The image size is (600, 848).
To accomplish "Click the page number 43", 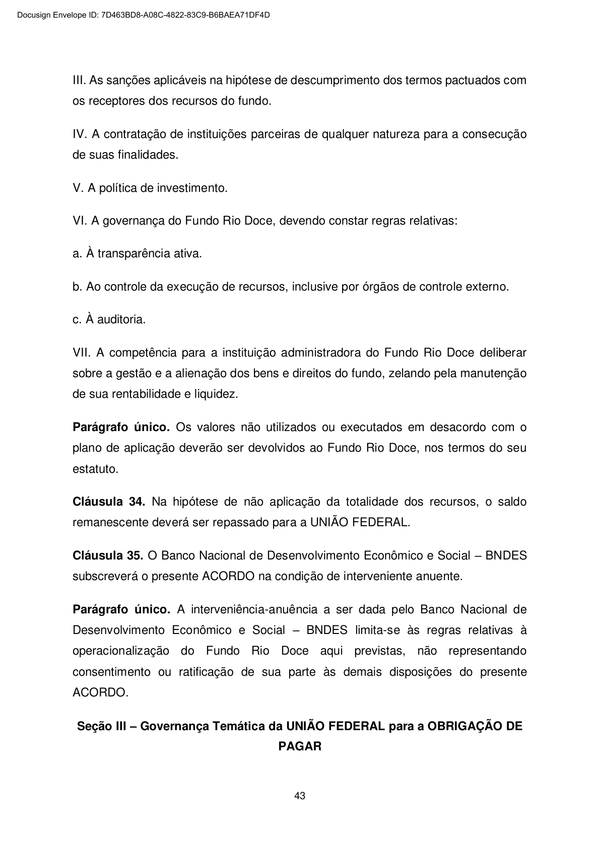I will (x=300, y=796).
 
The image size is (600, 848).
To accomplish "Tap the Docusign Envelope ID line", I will (x=143, y=15).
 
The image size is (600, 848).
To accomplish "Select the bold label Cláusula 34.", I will (x=109, y=502).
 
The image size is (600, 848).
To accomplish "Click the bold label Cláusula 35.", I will (x=108, y=555).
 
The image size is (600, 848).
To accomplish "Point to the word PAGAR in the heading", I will (x=300, y=746).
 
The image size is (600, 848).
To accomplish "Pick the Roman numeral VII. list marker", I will (x=81, y=352).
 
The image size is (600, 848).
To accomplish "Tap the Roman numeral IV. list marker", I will (x=81, y=134).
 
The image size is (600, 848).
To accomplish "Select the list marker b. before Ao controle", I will (x=77, y=287).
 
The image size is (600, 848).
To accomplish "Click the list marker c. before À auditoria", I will (x=77, y=319).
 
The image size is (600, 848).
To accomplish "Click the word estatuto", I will (x=96, y=469).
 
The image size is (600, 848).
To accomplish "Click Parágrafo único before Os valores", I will (x=121, y=428).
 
